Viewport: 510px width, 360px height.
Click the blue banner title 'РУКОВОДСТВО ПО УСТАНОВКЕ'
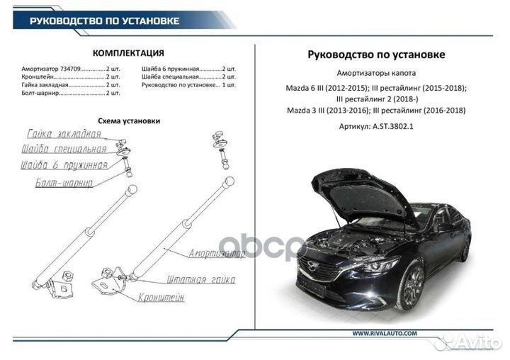104,21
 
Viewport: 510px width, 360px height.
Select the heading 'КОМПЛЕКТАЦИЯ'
129,53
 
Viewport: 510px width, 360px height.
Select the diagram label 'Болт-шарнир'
64,183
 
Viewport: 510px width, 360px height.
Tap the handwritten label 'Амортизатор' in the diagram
216,253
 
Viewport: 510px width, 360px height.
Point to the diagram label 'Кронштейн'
161,298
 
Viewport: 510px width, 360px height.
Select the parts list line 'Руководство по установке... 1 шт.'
188,85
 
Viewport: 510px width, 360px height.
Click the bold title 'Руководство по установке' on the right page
377,55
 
